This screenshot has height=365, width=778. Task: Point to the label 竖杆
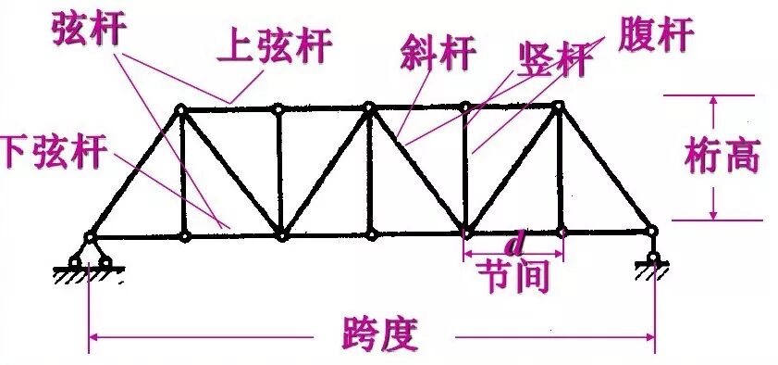[552, 61]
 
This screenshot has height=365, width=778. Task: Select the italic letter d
[515, 245]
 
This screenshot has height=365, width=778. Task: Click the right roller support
[654, 260]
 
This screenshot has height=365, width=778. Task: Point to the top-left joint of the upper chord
[181, 110]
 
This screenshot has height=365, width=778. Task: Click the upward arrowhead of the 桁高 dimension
[714, 101]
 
